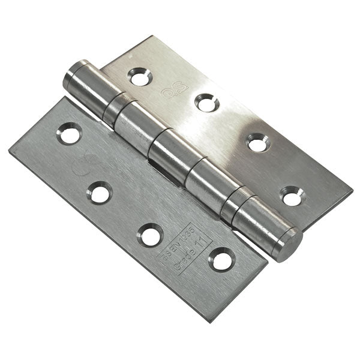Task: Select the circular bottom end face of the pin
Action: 290,244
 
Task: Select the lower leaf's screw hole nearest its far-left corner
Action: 69,133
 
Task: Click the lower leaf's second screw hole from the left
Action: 99,192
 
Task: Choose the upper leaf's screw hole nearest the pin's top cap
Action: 139,77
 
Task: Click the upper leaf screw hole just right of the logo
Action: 206,102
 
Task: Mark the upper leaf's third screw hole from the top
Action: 258,142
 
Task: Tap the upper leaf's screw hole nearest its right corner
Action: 292,195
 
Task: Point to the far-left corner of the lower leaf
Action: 10,148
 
